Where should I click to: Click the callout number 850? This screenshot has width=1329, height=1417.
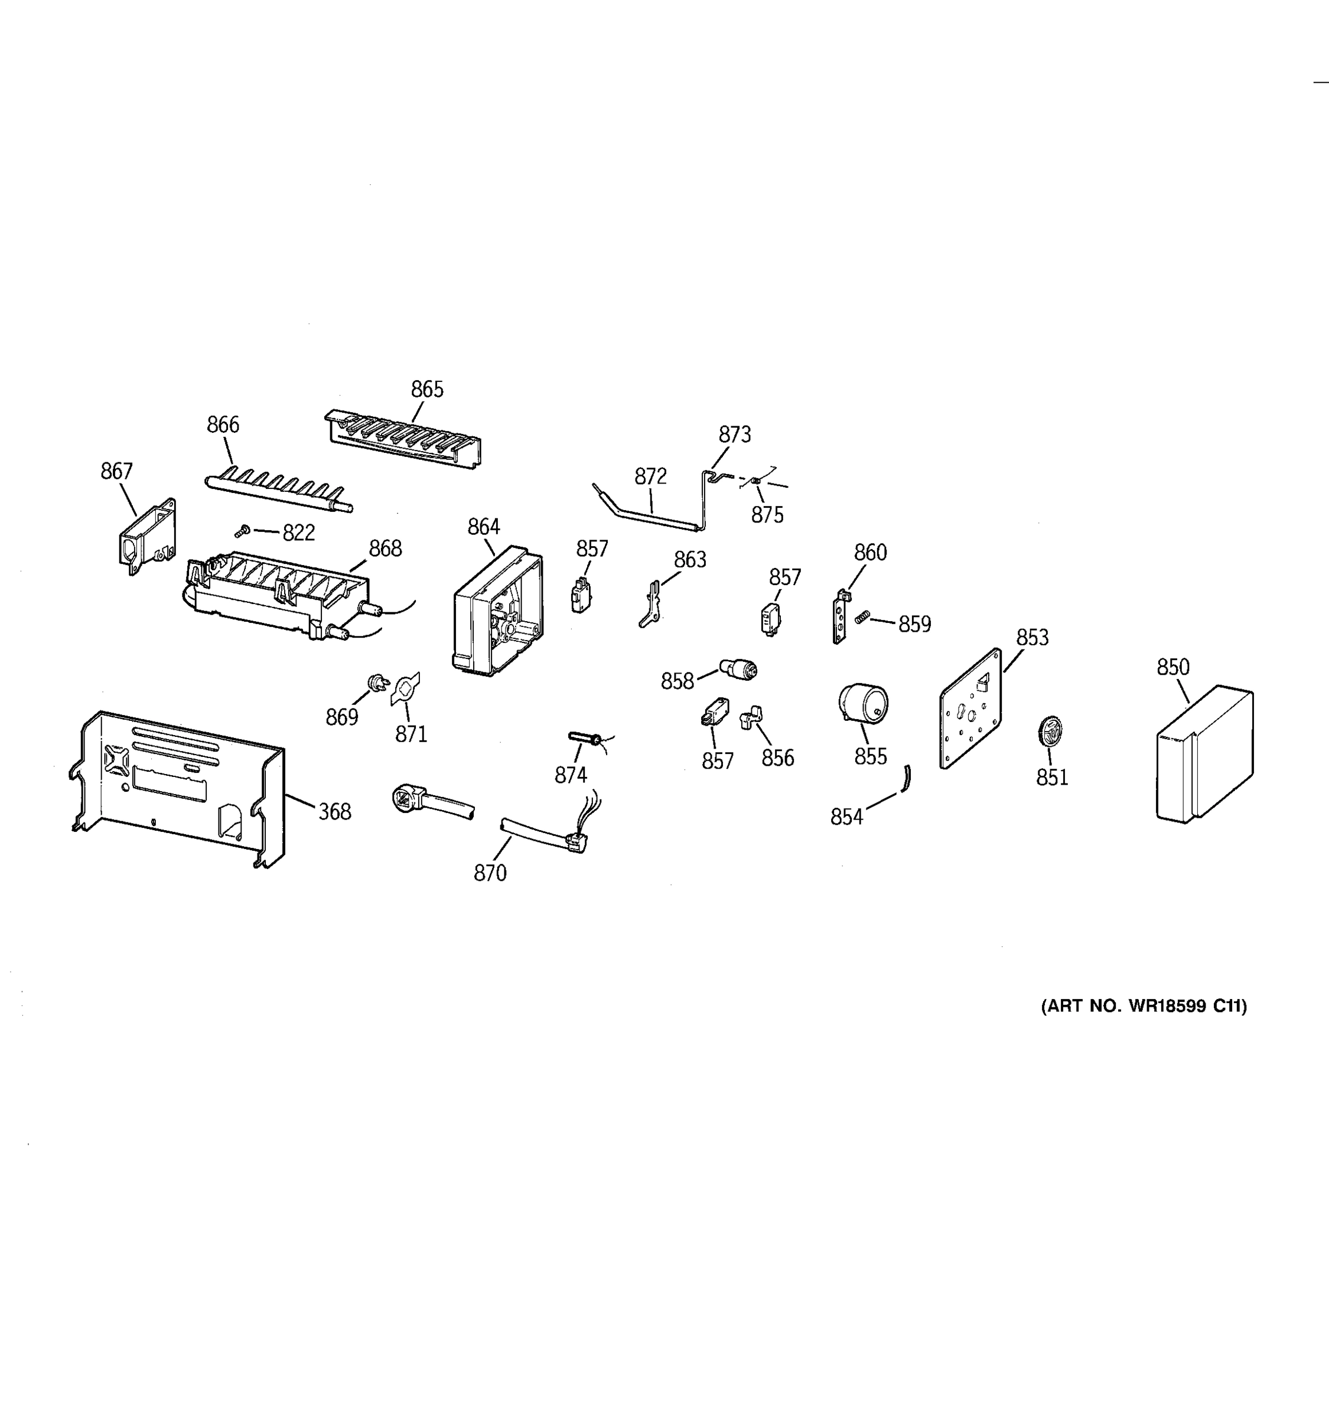point(1173,667)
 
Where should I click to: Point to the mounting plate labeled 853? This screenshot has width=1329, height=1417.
point(970,709)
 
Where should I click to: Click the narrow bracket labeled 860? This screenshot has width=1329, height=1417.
point(841,616)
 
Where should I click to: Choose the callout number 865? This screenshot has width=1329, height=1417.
point(427,389)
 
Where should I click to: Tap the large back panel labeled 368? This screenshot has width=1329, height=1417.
point(178,784)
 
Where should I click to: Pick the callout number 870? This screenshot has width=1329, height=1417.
point(490,873)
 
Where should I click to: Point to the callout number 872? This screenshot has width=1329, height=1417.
point(650,476)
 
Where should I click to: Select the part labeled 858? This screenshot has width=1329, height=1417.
point(739,668)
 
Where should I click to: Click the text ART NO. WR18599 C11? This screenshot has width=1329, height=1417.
point(1144,1007)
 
